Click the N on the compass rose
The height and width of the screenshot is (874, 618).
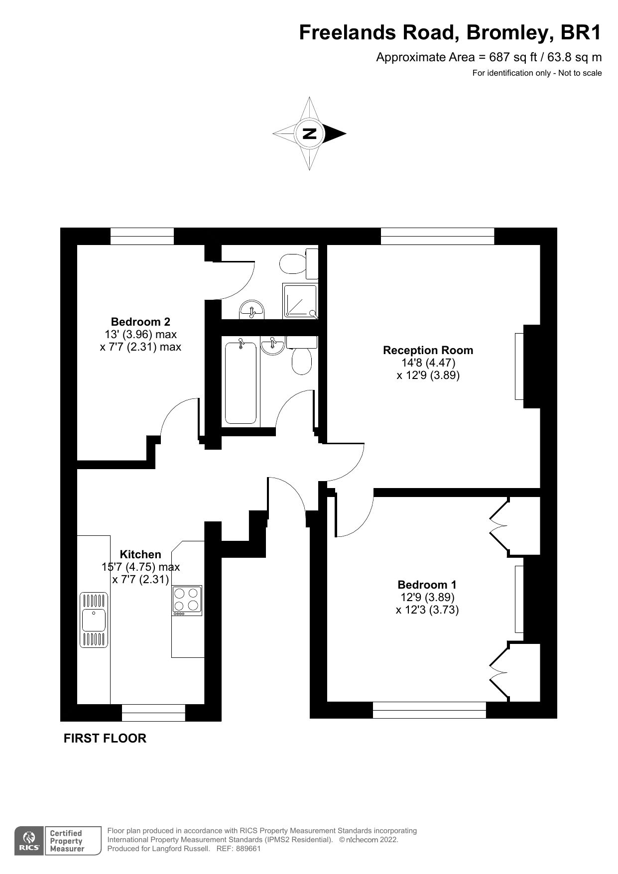tap(309, 133)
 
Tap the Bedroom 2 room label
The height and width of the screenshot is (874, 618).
tap(140, 322)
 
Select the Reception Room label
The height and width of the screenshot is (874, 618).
tap(428, 350)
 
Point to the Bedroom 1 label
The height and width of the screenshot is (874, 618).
tap(427, 585)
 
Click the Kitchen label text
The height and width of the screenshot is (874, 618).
tap(140, 554)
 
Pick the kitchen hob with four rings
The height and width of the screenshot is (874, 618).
tap(187, 600)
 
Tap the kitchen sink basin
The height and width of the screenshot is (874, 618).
tap(94, 620)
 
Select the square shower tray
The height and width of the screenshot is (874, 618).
tap(300, 301)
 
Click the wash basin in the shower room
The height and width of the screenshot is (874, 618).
tap(253, 310)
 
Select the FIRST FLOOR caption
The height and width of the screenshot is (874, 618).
tap(105, 738)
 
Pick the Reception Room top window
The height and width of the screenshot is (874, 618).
tap(437, 236)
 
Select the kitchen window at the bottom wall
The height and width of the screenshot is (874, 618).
tap(153, 713)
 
